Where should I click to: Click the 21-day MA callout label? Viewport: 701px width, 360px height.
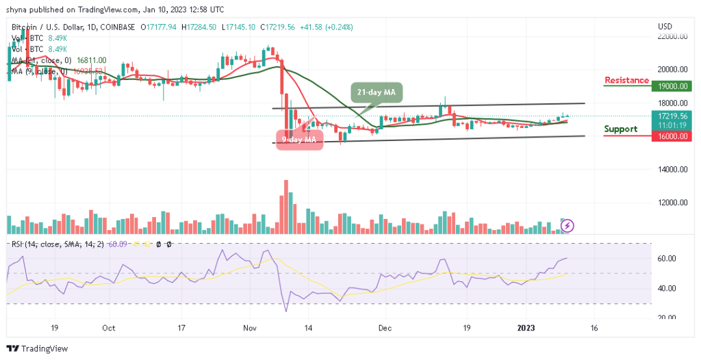377,92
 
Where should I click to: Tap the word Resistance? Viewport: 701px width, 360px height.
626,80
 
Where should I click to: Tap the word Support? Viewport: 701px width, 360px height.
621,129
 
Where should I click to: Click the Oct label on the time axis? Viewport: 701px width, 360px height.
108,328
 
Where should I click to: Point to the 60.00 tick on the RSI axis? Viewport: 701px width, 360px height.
667,258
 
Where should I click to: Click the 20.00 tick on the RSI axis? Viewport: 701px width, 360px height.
667,318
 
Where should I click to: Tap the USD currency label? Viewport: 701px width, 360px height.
665,26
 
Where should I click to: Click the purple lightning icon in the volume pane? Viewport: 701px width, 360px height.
568,224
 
